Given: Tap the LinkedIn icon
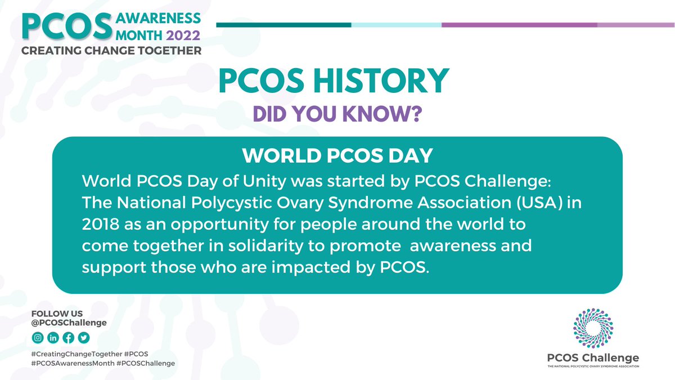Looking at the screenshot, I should tap(53, 338).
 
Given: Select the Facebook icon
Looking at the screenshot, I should tap(68, 338).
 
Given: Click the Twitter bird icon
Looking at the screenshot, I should tap(83, 338).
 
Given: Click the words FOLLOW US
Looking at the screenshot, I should tap(50, 314).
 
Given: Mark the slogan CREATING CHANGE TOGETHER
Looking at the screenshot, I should tap(111, 51).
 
